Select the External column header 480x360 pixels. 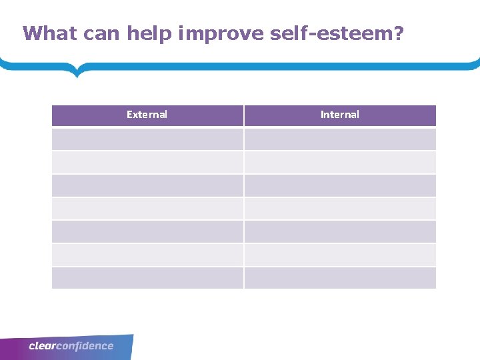tap(147, 115)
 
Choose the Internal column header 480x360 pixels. tap(340, 115)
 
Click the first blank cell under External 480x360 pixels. tap(147, 139)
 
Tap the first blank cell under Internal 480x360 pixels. tap(340, 139)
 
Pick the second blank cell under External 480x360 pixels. tap(147, 162)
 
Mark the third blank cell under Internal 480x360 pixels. tap(340, 185)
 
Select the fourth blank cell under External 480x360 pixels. tap(147, 209)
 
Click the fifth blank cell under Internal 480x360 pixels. tap(340, 231)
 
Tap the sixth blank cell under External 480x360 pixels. tap(147, 255)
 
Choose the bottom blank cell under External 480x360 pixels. tap(147, 278)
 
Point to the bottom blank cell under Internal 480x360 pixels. tap(340, 278)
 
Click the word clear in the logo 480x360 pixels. tap(41, 346)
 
